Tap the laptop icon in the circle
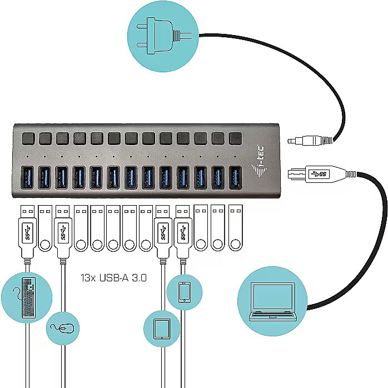(272, 302)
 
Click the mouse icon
(63, 327)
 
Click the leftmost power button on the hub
(28, 137)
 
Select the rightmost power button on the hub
(236, 137)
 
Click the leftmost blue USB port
(28, 176)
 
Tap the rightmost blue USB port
(236, 176)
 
